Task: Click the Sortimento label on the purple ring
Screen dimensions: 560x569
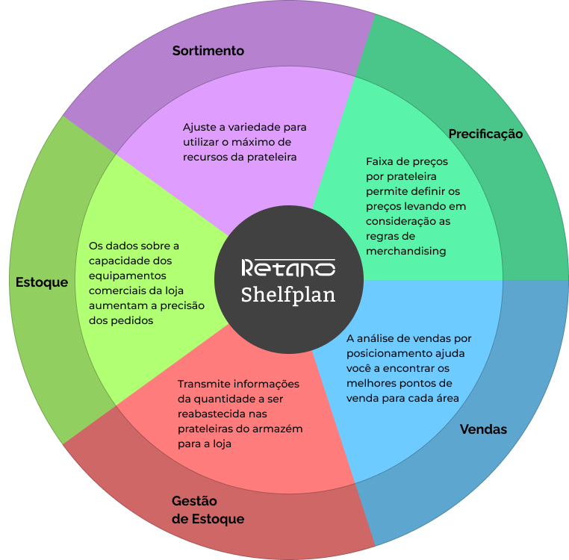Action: [208, 51]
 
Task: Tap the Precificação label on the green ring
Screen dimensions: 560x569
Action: [485, 134]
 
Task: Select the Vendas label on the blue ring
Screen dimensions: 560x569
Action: [483, 429]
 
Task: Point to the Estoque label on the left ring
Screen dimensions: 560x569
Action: [42, 282]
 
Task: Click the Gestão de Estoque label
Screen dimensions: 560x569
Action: [208, 510]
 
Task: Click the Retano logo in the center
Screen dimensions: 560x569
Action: [288, 267]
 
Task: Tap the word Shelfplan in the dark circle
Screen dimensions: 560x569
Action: [288, 295]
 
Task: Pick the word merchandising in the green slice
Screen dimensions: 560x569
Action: [405, 252]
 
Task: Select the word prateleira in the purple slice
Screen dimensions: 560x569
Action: [271, 157]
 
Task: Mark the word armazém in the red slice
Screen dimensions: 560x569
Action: [281, 429]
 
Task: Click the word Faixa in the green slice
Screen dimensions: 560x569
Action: [380, 161]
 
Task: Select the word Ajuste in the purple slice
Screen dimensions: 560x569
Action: [200, 127]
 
